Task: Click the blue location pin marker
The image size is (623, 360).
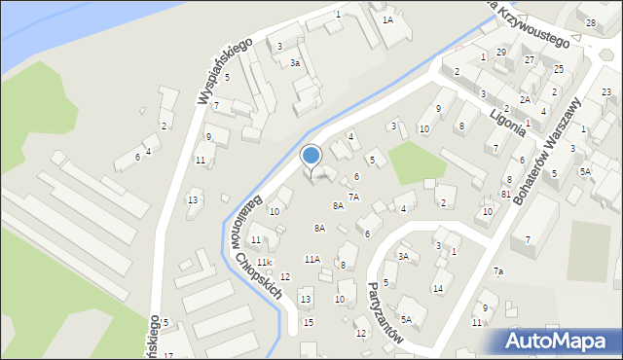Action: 311,156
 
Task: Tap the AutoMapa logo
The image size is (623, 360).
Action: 558,341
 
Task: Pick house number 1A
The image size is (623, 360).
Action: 387,19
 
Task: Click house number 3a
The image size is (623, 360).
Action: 294,62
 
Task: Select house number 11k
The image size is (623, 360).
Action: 264,263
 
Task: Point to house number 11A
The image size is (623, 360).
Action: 311,259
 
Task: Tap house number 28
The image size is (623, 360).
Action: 590,22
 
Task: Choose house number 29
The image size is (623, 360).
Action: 500,52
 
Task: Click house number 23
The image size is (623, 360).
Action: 605,91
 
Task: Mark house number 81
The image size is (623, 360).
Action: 505,194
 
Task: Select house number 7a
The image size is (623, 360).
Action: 497,270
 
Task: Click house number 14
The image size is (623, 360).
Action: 437,288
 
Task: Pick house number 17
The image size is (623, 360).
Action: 168,355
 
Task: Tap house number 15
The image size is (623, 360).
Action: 308,322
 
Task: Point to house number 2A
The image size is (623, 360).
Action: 524,99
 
